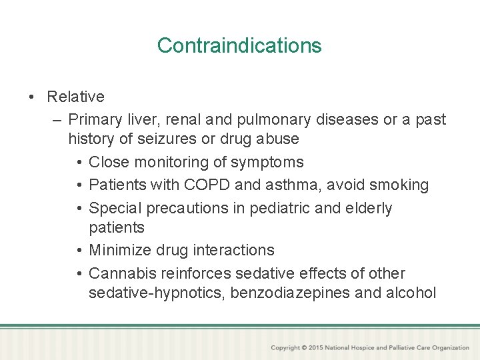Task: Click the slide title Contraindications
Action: (239, 45)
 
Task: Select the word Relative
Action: (75, 97)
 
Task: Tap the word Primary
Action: (97, 120)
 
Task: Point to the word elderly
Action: (368, 208)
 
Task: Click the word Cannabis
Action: (120, 273)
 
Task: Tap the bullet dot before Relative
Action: (32, 97)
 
